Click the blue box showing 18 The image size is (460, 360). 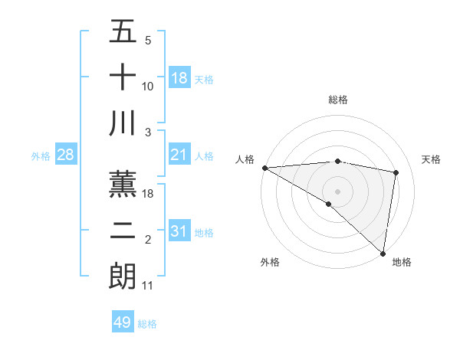coord(179,78)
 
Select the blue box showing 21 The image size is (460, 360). coord(179,155)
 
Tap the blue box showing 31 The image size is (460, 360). coord(179,231)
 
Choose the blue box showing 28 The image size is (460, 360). coord(66,155)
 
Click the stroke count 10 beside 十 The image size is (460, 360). coord(148,87)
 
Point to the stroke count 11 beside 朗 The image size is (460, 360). coord(148,286)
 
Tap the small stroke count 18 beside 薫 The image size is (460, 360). coord(149,194)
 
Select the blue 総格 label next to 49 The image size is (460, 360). coord(147,324)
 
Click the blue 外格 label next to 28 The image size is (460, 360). coord(41,156)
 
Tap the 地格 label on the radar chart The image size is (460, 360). coord(402,262)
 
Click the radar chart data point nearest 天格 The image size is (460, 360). coord(396,172)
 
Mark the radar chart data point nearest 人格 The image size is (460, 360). coord(264,168)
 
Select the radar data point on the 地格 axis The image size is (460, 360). coord(383,253)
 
